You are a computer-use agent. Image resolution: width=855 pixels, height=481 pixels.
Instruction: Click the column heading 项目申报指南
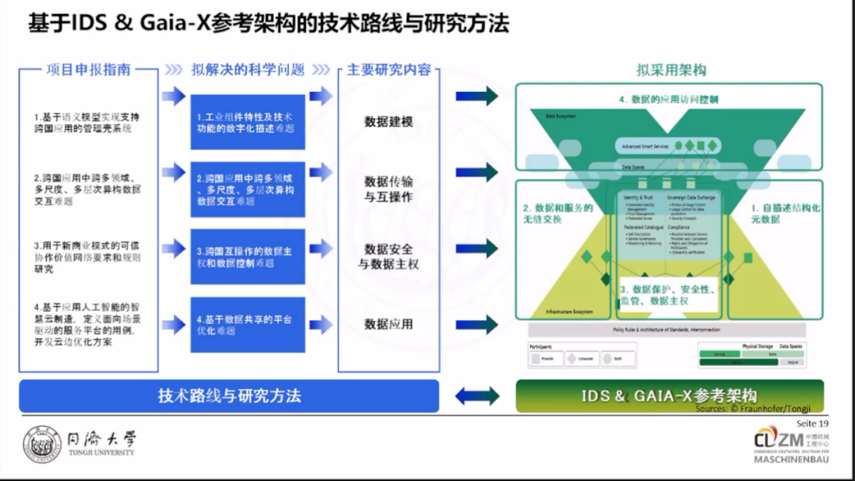click(89, 70)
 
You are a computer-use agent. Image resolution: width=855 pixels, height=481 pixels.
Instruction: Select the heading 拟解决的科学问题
click(248, 70)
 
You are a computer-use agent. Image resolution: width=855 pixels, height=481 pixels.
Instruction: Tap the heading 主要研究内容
click(389, 70)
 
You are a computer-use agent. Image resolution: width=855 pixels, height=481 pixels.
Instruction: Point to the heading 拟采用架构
click(671, 70)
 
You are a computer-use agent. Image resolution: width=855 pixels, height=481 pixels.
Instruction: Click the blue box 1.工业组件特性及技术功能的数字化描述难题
click(247, 122)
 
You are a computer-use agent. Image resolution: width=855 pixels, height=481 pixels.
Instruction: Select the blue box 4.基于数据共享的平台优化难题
click(247, 325)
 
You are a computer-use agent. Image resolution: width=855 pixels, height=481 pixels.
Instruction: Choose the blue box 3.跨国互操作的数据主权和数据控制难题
click(247, 257)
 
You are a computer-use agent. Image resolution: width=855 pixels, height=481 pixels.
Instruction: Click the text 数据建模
click(389, 121)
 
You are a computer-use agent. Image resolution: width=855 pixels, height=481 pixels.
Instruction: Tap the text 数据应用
click(389, 324)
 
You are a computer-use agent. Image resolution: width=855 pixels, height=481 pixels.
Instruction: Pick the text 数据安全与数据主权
click(389, 257)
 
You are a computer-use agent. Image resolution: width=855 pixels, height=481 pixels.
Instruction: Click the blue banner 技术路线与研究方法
click(229, 395)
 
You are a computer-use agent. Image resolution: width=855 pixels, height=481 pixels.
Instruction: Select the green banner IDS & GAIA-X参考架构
click(669, 395)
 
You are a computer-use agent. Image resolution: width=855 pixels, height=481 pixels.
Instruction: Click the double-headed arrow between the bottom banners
click(477, 395)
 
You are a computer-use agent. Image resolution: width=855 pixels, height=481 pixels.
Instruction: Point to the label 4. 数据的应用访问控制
click(669, 100)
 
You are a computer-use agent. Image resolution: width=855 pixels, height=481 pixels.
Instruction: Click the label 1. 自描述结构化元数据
click(785, 213)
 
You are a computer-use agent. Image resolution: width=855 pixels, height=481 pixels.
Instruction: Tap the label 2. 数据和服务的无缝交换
click(557, 213)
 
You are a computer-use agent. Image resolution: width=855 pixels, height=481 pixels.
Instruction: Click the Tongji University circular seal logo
click(42, 445)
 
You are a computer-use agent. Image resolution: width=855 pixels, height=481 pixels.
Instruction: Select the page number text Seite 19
click(811, 423)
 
